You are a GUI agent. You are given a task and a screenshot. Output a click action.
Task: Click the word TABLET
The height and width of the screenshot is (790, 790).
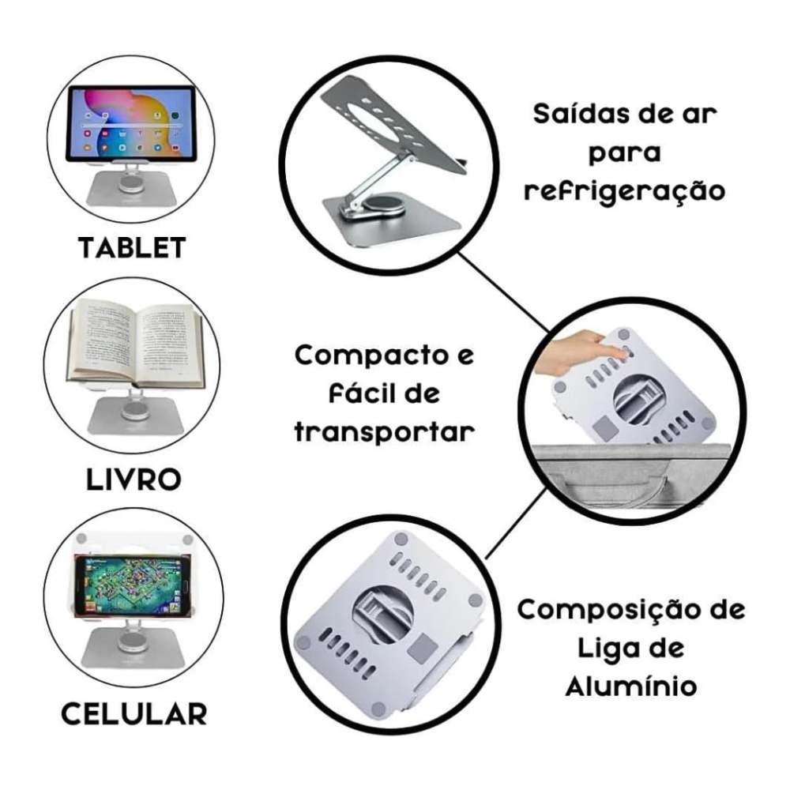point(132,248)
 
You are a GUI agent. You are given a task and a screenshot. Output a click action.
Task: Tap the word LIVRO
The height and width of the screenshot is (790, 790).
point(134,480)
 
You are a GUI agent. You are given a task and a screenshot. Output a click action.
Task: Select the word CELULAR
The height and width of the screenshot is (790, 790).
point(134,713)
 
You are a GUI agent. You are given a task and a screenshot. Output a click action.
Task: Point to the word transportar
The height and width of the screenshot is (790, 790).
point(385,432)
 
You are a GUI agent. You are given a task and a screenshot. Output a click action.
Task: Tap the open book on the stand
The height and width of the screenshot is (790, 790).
point(136,344)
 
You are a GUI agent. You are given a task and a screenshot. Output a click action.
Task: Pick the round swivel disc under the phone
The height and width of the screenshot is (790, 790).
point(133,641)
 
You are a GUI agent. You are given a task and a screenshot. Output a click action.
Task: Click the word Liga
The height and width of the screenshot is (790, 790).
point(600,649)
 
